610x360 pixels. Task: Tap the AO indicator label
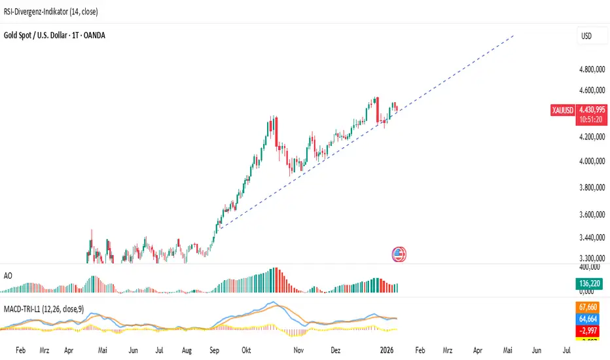coord(8,276)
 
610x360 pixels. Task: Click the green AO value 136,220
coord(590,283)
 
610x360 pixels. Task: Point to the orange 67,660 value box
coord(590,306)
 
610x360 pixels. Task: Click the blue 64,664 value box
coord(590,318)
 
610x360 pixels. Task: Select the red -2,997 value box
coord(590,330)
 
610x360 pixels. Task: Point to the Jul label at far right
coord(567,350)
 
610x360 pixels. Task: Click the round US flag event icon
coord(398,254)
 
